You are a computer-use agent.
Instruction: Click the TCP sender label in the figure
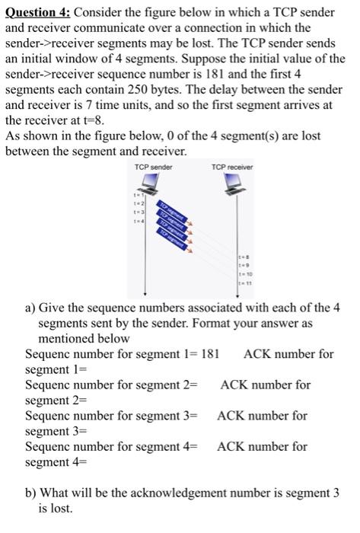coord(153,168)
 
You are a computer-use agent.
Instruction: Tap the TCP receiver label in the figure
coord(233,168)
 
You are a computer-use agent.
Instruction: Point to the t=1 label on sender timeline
coord(137,196)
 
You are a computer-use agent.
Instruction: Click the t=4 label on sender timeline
coord(137,221)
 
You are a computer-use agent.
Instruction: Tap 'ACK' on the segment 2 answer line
coord(234,385)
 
